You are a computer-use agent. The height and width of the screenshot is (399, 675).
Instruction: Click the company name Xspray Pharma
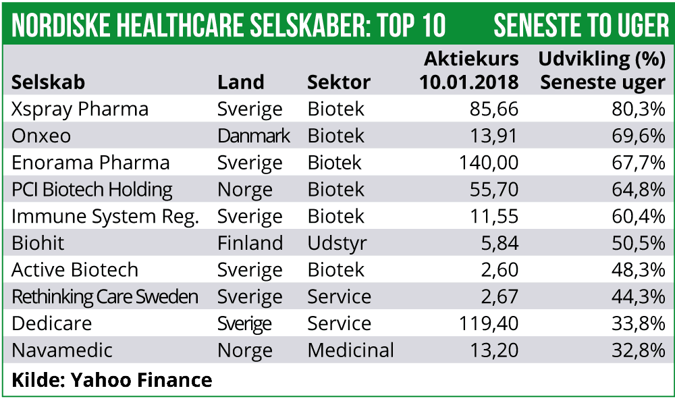click(x=80, y=109)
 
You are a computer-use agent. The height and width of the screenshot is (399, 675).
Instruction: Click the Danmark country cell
click(x=254, y=136)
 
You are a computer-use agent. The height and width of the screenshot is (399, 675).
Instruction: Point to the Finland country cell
click(x=250, y=243)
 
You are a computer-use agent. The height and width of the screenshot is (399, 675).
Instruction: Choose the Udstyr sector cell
click(x=337, y=243)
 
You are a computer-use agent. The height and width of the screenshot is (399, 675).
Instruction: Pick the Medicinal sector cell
click(x=350, y=350)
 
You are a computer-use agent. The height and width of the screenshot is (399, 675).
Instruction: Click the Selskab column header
click(x=49, y=82)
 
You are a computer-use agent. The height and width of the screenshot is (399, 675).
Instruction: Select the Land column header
click(x=240, y=82)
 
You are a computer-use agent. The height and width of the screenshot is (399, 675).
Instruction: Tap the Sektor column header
click(x=339, y=82)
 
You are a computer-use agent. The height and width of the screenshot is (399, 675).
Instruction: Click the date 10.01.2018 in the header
click(x=468, y=82)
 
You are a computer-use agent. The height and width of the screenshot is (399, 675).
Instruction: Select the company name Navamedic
click(x=62, y=350)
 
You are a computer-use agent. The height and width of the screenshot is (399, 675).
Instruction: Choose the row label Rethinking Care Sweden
click(x=105, y=297)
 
